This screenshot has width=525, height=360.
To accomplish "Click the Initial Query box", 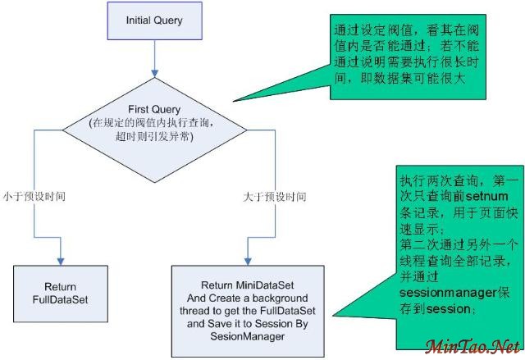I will [155, 20].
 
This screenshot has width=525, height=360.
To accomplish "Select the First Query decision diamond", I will [155, 124].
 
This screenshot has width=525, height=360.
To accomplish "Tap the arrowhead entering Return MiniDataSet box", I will [249, 260].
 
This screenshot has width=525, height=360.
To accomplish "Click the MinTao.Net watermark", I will [473, 346].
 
